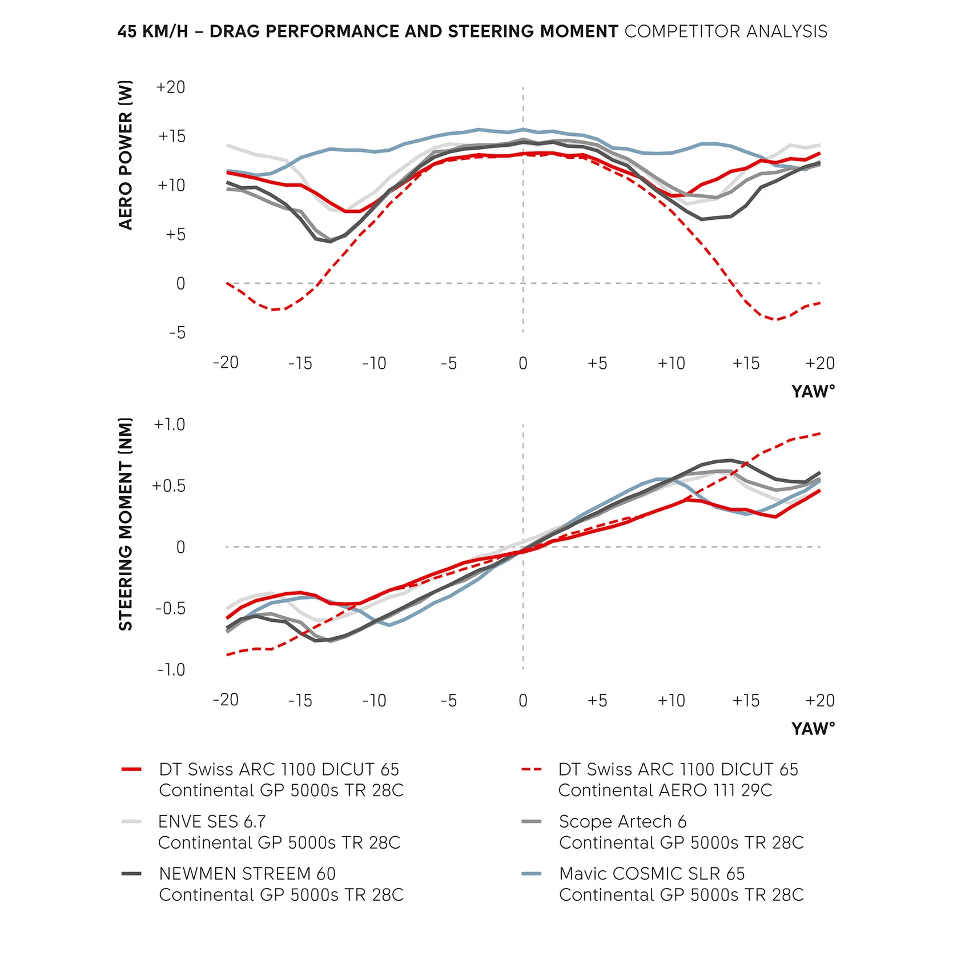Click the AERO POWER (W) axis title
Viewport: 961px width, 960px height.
click(x=126, y=155)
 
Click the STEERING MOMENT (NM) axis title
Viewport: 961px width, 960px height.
click(x=126, y=524)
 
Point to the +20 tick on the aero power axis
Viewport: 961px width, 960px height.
click(x=170, y=87)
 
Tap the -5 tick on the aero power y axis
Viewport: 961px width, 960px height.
click(x=177, y=333)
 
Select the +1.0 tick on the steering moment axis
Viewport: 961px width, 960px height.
click(x=169, y=425)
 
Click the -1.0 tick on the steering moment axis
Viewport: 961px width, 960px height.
click(x=171, y=670)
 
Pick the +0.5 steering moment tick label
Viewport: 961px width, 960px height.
click(x=168, y=486)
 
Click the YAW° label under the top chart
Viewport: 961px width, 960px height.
click(x=813, y=392)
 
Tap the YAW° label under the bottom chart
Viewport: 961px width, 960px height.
click(x=813, y=729)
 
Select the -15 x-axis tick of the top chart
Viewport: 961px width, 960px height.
click(x=300, y=363)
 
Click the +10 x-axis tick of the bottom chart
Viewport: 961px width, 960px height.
click(x=671, y=701)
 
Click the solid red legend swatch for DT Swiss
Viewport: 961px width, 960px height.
click(x=131, y=770)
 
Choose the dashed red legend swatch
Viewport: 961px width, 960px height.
click(x=531, y=770)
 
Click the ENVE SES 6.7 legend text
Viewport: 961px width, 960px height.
click(x=212, y=822)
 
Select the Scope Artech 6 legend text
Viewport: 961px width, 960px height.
click(x=622, y=822)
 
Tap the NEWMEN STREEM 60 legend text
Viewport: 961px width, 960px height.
click(x=247, y=874)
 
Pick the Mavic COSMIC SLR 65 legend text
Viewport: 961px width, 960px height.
click(x=652, y=874)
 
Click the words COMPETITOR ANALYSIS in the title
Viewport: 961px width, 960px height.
click(x=726, y=31)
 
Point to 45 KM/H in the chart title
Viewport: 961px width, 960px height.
click(x=152, y=31)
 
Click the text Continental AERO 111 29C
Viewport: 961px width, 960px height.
click(x=665, y=790)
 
